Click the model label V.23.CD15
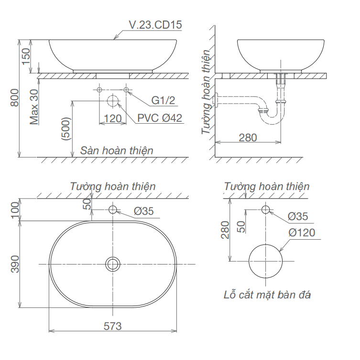(155, 25)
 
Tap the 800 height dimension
(15, 97)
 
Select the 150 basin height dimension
(26, 56)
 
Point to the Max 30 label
(34, 107)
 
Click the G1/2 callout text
(163, 100)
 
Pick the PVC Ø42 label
(160, 118)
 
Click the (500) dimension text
(66, 129)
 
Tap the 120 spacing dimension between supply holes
(113, 118)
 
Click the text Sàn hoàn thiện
(117, 150)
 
